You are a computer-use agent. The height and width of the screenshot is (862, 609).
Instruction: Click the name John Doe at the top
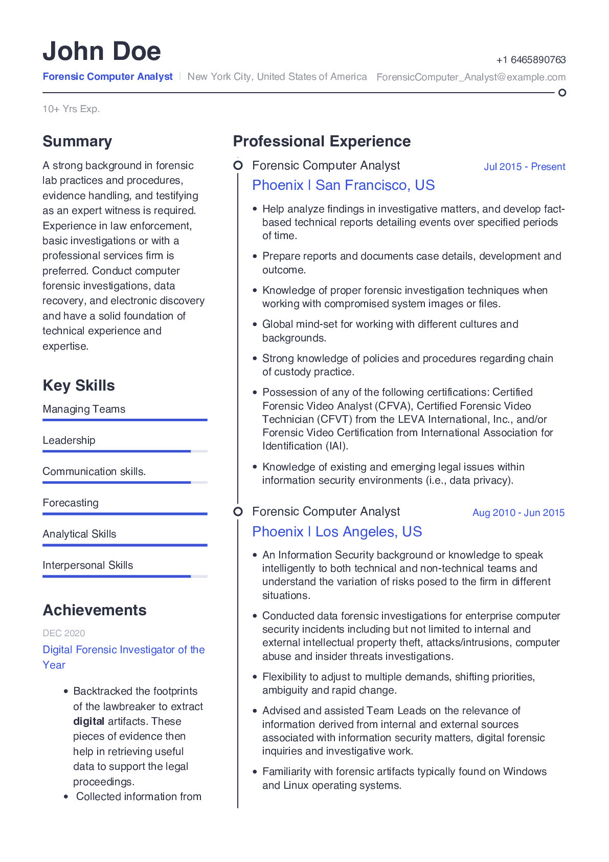[x=102, y=51]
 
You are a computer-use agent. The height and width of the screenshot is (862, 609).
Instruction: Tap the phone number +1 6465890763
[x=531, y=60]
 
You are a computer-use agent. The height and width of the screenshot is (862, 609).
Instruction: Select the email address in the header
[x=471, y=77]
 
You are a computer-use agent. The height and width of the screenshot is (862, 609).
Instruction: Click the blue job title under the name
[x=108, y=77]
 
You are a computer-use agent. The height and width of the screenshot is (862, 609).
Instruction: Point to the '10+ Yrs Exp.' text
[x=71, y=109]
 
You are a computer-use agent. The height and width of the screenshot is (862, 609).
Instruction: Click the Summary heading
[x=77, y=141]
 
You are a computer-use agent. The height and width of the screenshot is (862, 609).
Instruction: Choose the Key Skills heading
[x=79, y=385]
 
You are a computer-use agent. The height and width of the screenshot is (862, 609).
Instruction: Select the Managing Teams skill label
[x=84, y=410]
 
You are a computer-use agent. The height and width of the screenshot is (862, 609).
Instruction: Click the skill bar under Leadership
[x=125, y=451]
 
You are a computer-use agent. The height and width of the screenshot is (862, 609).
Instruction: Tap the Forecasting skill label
[x=71, y=503]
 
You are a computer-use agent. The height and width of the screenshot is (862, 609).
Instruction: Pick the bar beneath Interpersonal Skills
[x=125, y=576]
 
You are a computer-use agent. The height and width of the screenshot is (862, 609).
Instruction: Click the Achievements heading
[x=95, y=610]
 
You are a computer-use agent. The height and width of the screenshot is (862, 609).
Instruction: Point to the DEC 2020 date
[x=64, y=634]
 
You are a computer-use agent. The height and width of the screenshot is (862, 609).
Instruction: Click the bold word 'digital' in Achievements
[x=88, y=722]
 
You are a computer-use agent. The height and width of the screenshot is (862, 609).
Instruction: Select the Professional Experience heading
[x=322, y=141]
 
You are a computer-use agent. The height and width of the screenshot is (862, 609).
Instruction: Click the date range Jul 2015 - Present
[x=524, y=167]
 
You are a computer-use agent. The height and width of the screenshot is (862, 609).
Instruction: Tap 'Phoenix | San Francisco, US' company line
[x=343, y=185]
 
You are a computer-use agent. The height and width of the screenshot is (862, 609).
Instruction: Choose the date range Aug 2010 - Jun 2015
[x=518, y=513]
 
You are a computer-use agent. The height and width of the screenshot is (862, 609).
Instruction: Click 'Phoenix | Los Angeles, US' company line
[x=337, y=532]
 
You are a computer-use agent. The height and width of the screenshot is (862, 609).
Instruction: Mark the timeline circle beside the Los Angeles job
[x=238, y=512]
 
